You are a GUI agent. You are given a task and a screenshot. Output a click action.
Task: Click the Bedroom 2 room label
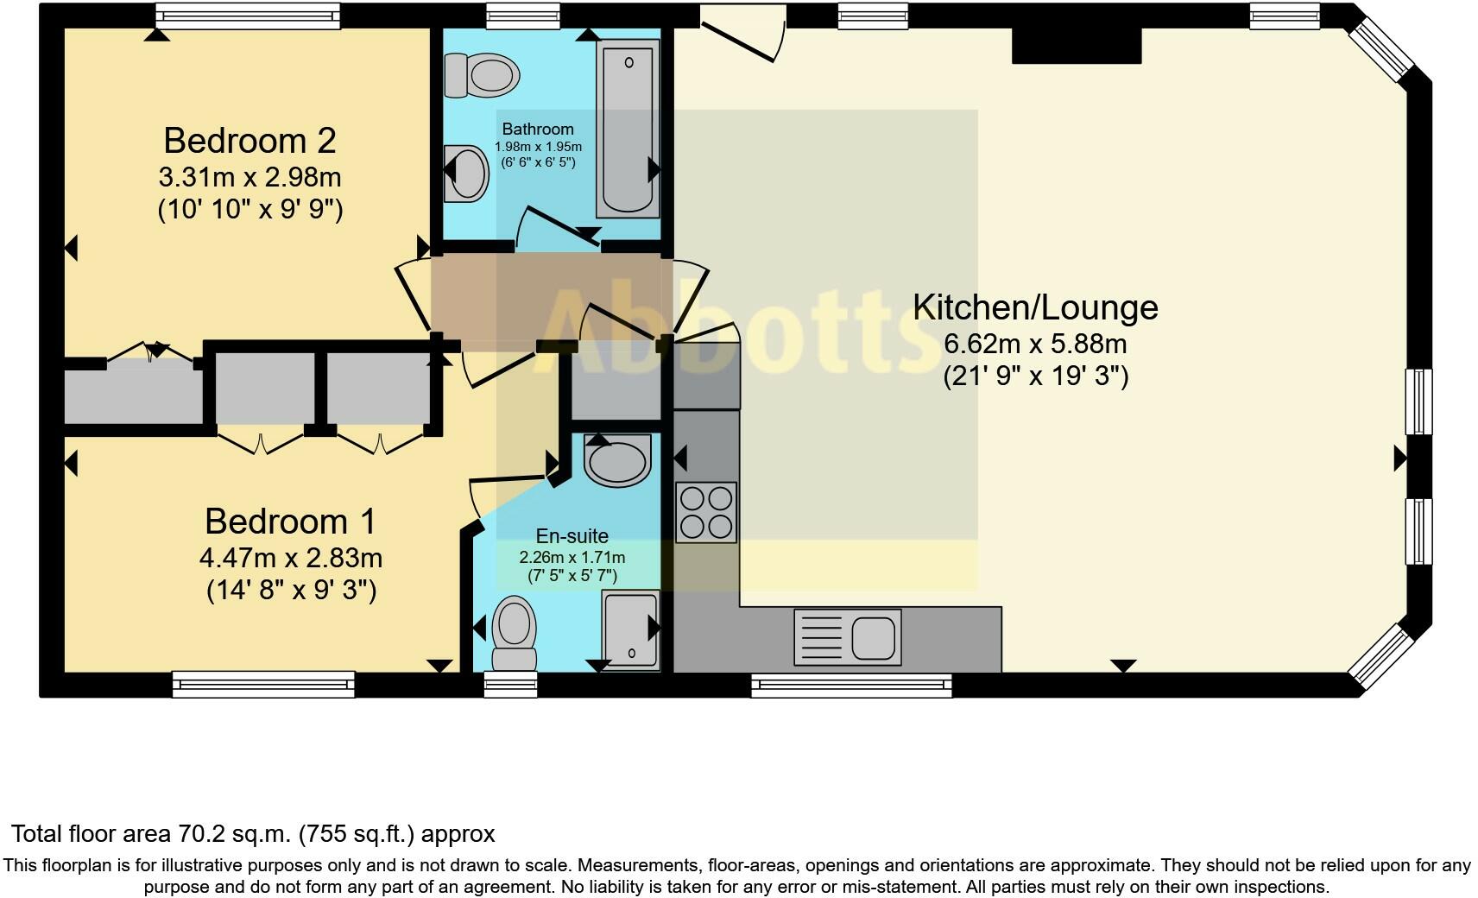[x=249, y=141]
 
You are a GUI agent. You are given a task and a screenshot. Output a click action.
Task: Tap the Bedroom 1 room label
[x=290, y=522]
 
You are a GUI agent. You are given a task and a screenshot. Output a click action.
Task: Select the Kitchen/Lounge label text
[x=1035, y=307]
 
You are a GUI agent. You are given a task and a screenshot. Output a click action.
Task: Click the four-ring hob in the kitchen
[x=706, y=512]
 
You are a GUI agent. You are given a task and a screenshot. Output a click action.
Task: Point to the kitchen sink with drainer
[x=847, y=637]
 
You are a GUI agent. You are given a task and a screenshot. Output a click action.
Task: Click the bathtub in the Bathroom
[x=628, y=130]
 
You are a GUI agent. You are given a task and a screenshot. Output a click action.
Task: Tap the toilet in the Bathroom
[x=482, y=74]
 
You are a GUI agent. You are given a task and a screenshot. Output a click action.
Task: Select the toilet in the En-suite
[x=514, y=635]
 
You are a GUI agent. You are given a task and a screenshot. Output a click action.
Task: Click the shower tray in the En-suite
[x=631, y=630]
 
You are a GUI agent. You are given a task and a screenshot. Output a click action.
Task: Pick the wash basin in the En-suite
[x=617, y=459]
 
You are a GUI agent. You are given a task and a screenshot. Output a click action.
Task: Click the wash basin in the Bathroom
[x=467, y=173]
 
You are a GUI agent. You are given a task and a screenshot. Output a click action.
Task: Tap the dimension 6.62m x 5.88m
[x=1035, y=344]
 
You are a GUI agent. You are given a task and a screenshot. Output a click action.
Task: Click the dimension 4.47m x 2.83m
[x=291, y=558]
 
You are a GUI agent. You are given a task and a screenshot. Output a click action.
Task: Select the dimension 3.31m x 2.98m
[x=249, y=177]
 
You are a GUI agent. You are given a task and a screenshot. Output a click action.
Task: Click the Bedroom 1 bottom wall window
[x=263, y=684]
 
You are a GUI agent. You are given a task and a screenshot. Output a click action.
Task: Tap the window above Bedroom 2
[x=248, y=15]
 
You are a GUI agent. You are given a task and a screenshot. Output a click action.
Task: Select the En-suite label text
[x=572, y=535]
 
